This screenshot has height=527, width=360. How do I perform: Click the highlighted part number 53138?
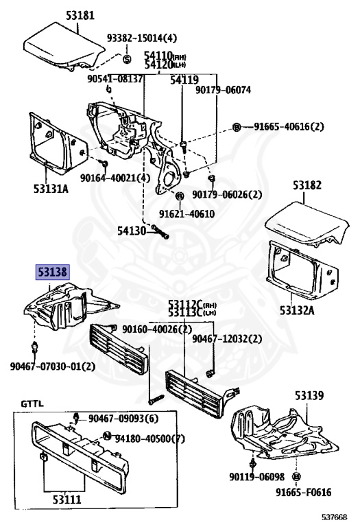click(52, 272)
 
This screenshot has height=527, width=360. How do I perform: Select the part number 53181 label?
click(80, 15)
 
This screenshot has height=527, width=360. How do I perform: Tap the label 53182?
click(307, 185)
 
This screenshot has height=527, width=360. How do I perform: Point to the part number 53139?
click(309, 395)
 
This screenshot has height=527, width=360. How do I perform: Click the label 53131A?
click(51, 189)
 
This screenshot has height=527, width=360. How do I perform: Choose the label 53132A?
click(297, 310)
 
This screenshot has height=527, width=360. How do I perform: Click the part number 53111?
click(67, 500)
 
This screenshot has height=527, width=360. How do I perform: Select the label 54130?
click(132, 231)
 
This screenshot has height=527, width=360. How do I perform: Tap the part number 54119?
click(184, 80)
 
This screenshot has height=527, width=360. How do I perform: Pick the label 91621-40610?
click(187, 214)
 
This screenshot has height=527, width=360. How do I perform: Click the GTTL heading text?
click(32, 403)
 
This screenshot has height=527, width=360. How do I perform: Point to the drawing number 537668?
click(333, 517)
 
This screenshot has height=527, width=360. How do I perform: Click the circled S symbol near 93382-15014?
click(127, 59)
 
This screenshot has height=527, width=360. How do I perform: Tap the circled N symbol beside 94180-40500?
click(107, 436)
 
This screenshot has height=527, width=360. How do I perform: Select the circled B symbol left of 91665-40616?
click(237, 128)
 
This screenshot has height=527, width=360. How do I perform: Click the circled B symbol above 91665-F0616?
click(296, 477)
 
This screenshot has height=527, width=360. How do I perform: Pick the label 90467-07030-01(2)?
click(53, 366)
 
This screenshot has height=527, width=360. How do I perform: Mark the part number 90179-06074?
click(224, 90)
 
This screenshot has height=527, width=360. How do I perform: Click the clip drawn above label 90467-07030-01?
click(34, 347)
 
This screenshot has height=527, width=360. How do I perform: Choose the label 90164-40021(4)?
click(115, 178)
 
